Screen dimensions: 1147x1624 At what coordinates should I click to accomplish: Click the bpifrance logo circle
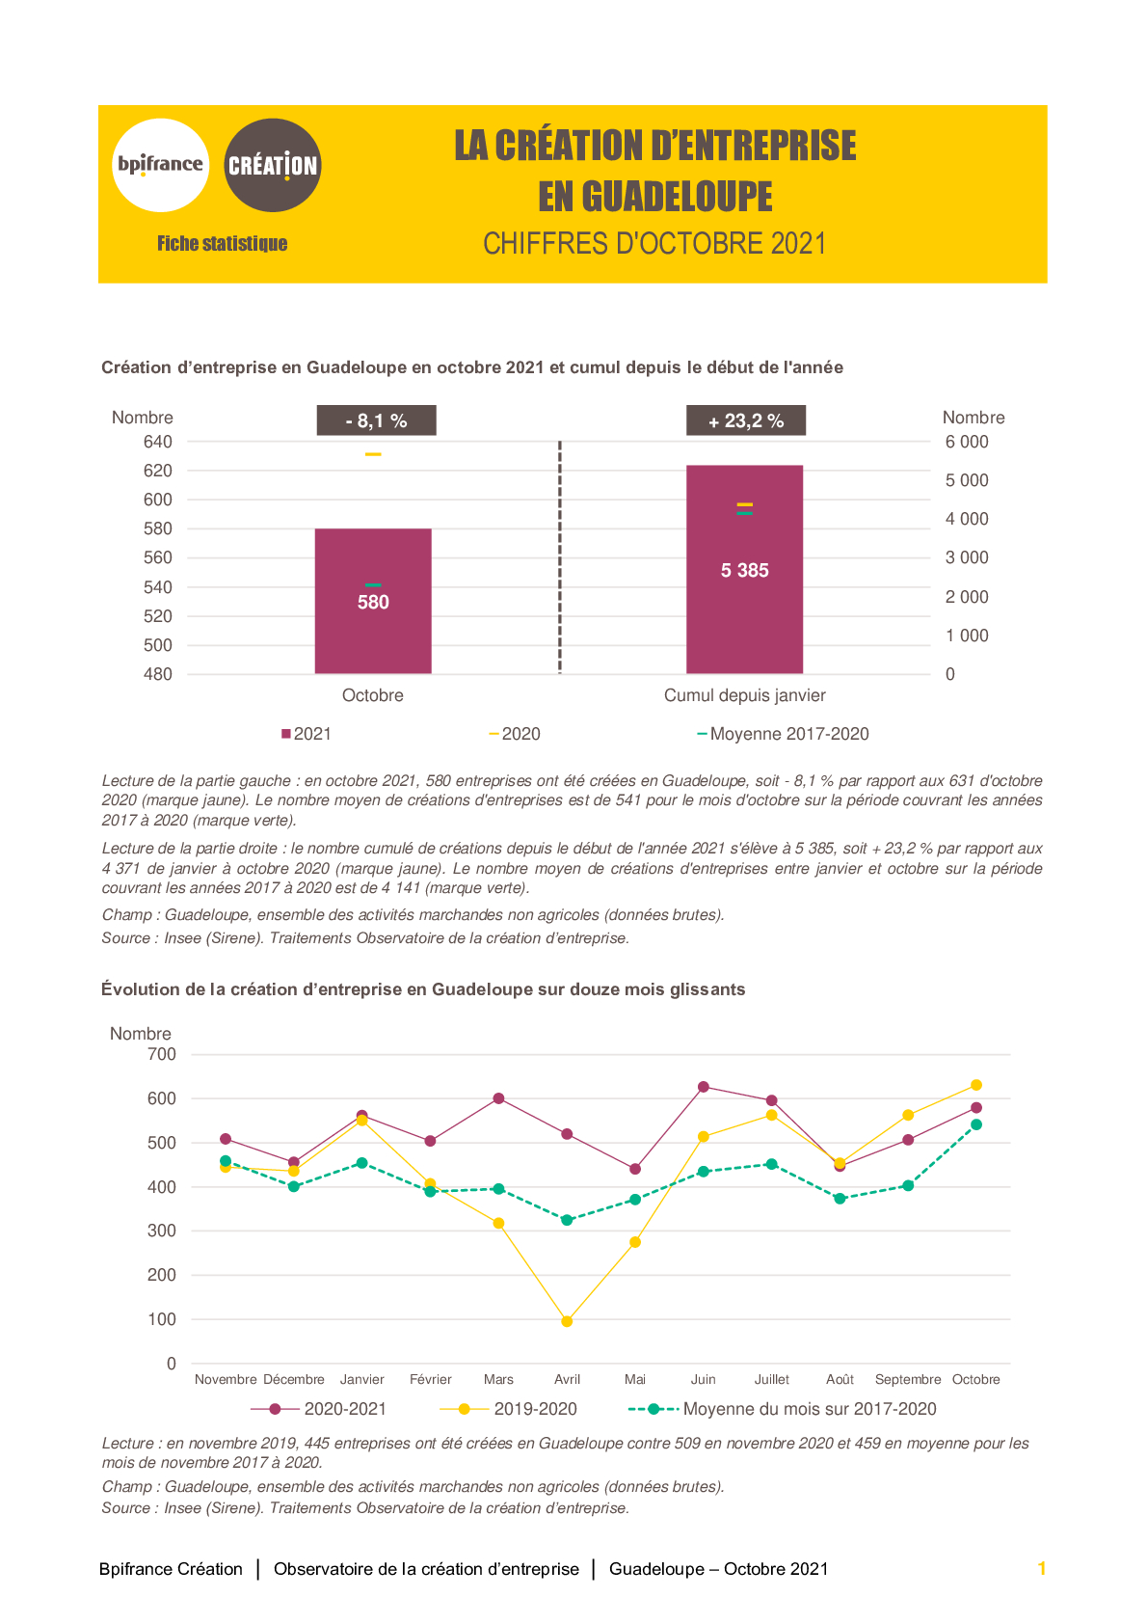pyautogui.click(x=160, y=165)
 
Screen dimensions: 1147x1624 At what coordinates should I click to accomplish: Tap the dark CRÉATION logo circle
pyautogui.click(x=273, y=165)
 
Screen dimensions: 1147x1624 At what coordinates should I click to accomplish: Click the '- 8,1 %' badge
pyautogui.click(x=376, y=420)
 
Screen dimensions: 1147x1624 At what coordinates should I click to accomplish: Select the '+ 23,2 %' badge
pyautogui.click(x=746, y=420)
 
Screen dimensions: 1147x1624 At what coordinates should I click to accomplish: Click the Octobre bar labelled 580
pyautogui.click(x=373, y=601)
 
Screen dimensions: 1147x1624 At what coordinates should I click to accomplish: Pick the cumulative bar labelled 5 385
pyautogui.click(x=745, y=570)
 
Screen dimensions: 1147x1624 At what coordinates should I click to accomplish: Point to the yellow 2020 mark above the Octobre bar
pyautogui.click(x=373, y=454)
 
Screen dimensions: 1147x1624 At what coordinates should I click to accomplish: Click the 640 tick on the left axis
pyautogui.click(x=157, y=442)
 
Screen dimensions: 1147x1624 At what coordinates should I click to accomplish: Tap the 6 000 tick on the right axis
pyautogui.click(x=967, y=442)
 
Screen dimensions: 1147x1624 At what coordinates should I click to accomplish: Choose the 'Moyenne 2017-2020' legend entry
pyautogui.click(x=783, y=734)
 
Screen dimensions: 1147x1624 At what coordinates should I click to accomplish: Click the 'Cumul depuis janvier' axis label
pyautogui.click(x=745, y=695)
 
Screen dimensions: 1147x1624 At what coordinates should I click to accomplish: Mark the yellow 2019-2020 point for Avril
pyautogui.click(x=568, y=1322)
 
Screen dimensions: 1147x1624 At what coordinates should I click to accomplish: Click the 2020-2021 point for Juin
pyautogui.click(x=703, y=1087)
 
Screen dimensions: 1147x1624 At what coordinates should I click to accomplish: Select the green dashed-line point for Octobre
pyautogui.click(x=976, y=1124)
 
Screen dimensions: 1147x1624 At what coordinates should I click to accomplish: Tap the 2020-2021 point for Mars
pyautogui.click(x=498, y=1098)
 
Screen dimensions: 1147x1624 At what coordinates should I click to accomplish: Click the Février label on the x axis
pyautogui.click(x=431, y=1379)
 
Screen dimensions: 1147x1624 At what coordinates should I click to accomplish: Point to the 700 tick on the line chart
pyautogui.click(x=162, y=1054)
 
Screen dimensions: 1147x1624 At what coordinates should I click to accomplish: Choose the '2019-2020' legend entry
pyautogui.click(x=509, y=1409)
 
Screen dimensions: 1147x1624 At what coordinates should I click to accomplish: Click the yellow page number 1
pyautogui.click(x=1042, y=1568)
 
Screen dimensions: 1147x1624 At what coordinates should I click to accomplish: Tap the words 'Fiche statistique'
pyautogui.click(x=223, y=244)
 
